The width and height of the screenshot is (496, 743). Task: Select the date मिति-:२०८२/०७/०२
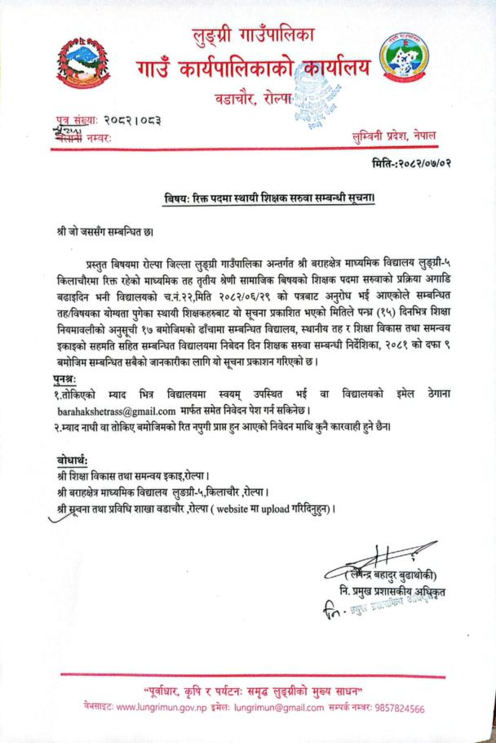tap(409, 162)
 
